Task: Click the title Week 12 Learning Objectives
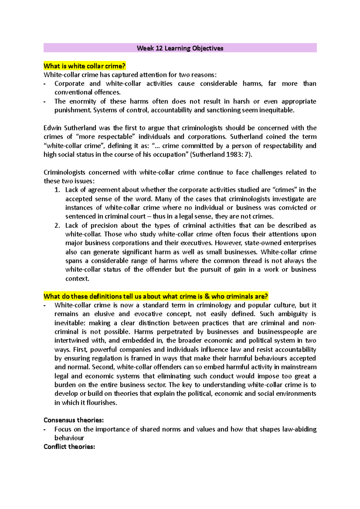tap(180, 48)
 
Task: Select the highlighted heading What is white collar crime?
tap(84, 66)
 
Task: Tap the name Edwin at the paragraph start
tap(52, 128)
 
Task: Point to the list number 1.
tap(57, 190)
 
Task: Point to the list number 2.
tap(57, 225)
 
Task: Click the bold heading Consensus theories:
tap(73, 420)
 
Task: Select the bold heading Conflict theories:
tap(69, 447)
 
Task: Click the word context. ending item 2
tap(77, 278)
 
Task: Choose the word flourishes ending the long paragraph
tap(102, 403)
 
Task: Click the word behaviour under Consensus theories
tap(69, 438)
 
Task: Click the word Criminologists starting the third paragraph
tap(64, 172)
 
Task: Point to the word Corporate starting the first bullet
tap(69, 84)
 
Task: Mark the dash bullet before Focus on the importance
tap(45, 429)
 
